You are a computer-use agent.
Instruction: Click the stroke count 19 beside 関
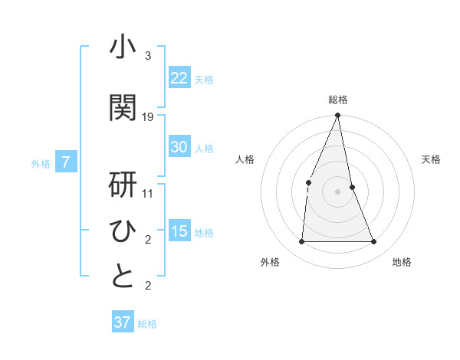pos(148,116)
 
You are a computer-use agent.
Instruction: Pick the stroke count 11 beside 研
pos(148,193)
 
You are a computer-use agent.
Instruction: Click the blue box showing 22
pos(179,77)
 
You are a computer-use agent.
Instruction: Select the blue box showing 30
pos(179,147)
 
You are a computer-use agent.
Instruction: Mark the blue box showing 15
pos(179,231)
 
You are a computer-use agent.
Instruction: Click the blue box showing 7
pos(67,162)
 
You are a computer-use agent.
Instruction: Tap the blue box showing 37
pos(123,322)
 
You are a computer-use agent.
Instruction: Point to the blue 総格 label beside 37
pos(147,324)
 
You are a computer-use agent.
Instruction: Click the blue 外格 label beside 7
pos(41,163)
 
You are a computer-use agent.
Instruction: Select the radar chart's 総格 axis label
pos(338,100)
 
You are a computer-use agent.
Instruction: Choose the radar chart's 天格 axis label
pos(432,159)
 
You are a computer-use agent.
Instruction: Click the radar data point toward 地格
pos(374,242)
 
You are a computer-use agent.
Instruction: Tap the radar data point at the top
pos(338,116)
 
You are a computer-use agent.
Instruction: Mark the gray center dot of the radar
pos(338,191)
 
